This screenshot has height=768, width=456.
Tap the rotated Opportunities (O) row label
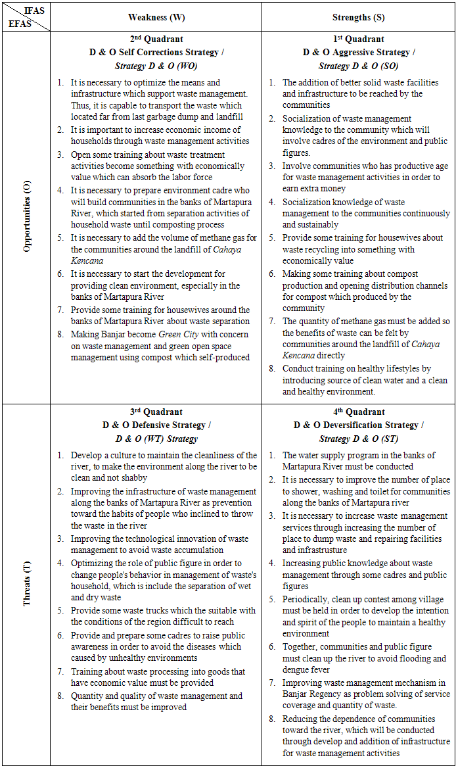[26, 218]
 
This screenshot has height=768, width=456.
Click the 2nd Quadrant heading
[156, 39]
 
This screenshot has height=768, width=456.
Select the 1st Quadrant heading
[358, 39]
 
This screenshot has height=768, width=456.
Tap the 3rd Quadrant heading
[156, 412]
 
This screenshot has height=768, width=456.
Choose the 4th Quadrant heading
[358, 412]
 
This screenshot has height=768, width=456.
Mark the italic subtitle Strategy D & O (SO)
[358, 66]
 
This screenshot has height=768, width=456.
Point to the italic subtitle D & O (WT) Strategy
[156, 439]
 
